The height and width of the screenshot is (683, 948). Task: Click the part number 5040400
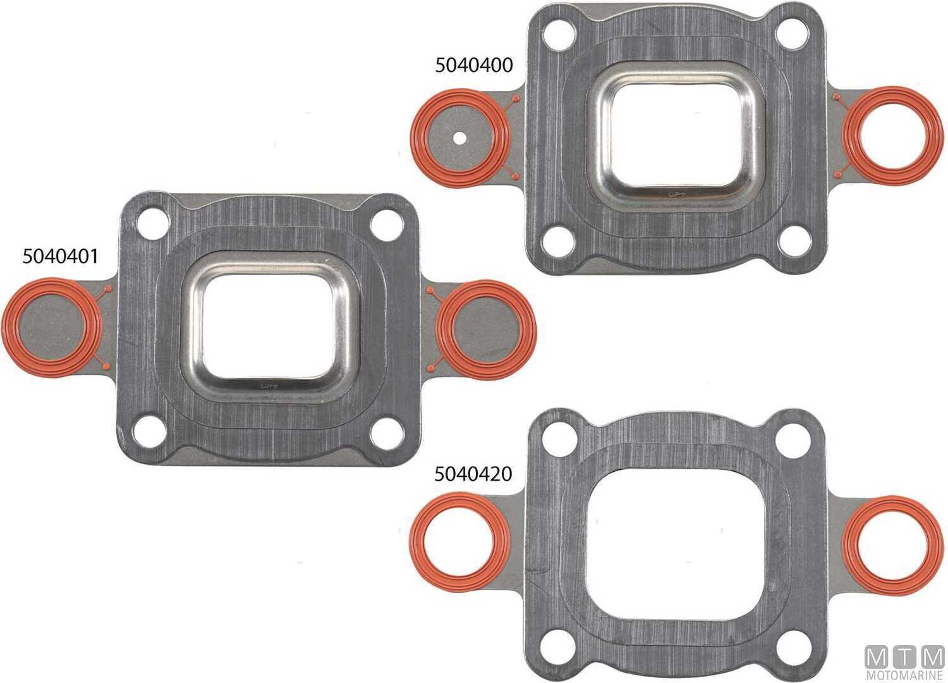473,65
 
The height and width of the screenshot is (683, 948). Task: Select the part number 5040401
60,256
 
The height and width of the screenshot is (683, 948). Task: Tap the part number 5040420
473,474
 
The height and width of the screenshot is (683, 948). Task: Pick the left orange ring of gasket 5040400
416,136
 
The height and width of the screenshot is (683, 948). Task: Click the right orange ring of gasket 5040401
528,329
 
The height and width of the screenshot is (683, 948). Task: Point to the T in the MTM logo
905,657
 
